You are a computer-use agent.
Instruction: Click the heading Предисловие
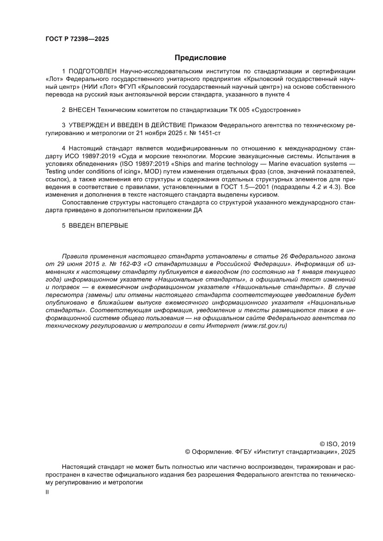tap(200, 58)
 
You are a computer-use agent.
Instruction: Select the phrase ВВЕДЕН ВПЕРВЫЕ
tap(98, 225)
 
